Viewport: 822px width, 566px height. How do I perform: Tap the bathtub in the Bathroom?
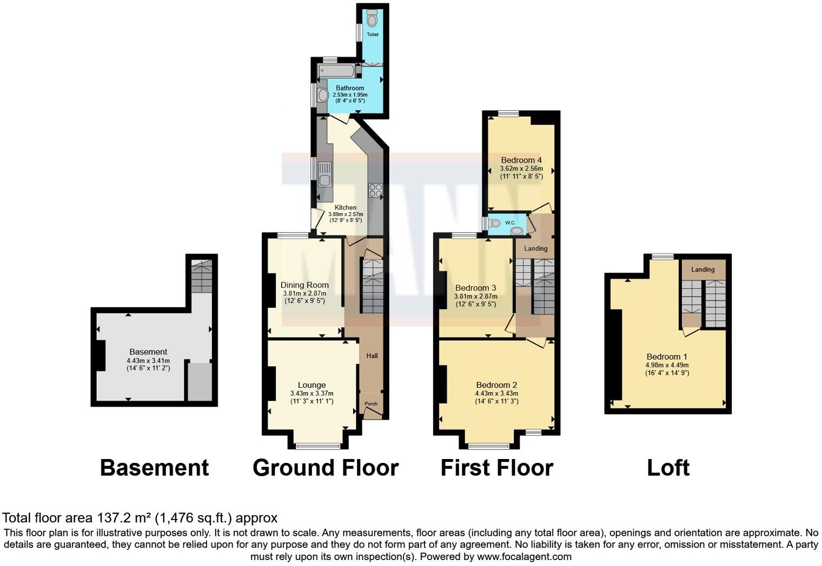[x=336, y=71]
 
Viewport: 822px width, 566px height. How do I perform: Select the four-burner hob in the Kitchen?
[x=375, y=190]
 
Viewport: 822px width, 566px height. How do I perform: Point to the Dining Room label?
[x=304, y=285]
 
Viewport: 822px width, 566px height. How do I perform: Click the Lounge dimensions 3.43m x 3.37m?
[x=311, y=394]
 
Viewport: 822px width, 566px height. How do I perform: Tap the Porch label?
[x=371, y=404]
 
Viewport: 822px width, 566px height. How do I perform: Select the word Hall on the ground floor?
[x=372, y=356]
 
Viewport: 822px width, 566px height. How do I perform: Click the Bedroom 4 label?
[x=521, y=160]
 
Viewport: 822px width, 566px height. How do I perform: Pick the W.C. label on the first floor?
[x=511, y=223]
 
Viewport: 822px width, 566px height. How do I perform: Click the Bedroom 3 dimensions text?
[x=475, y=297]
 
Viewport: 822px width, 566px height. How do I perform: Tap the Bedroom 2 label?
[x=496, y=385]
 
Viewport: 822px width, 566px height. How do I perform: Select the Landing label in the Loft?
[x=702, y=269]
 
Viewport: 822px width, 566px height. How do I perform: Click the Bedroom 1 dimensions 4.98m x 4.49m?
[x=667, y=365]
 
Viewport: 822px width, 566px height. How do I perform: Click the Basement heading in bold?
[x=154, y=468]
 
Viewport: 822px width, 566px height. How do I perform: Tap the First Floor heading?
[x=496, y=468]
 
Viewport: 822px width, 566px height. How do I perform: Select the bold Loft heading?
[x=668, y=468]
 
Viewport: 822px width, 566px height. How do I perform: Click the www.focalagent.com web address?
[x=523, y=556]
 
